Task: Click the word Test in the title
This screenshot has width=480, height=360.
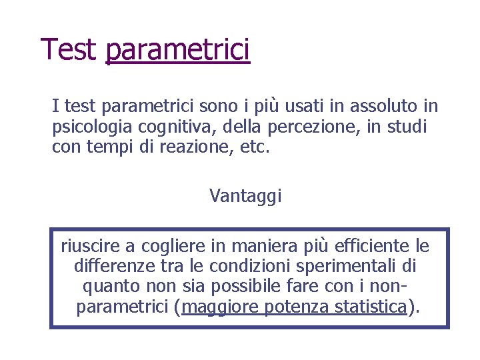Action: [69, 49]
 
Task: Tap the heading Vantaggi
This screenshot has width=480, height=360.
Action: [245, 195]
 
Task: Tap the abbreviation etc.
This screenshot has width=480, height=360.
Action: [255, 146]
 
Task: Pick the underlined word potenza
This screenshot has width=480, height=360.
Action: [293, 307]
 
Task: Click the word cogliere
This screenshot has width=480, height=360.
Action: [175, 247]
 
